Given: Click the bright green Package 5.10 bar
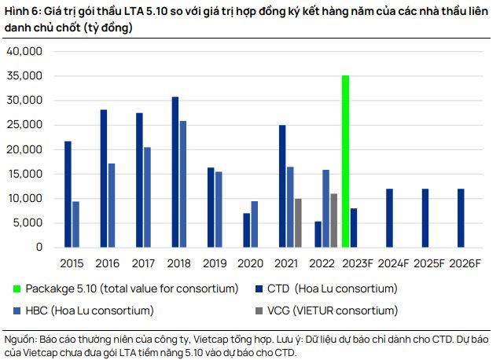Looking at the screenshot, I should tap(344, 161).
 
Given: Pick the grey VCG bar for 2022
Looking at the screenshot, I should tap(333, 220).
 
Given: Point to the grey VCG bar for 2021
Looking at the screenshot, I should tap(298, 222).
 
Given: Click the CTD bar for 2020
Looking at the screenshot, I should tap(246, 230).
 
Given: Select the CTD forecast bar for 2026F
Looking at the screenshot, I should tap(461, 218).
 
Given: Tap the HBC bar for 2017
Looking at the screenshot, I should tap(147, 197).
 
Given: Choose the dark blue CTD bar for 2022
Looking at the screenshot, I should tap(317, 233).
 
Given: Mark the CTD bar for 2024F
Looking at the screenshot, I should tap(389, 218).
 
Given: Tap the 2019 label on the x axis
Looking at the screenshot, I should tap(215, 262).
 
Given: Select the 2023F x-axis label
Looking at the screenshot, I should tap(358, 262).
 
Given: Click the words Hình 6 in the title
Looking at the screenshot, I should tap(19, 10).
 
